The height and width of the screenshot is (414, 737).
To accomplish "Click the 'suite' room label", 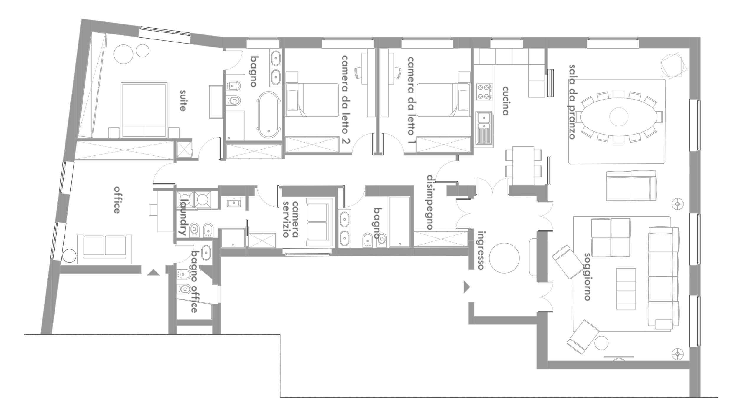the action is (183, 100).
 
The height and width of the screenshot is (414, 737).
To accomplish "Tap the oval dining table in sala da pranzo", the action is (619, 117).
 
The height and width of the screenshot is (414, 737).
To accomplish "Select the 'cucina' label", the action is (505, 101).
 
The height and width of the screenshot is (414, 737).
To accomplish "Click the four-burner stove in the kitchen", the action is (484, 92).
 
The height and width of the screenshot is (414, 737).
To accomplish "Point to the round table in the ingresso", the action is (504, 258).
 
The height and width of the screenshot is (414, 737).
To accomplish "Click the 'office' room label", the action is (117, 200).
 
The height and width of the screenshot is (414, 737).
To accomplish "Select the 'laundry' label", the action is (185, 217).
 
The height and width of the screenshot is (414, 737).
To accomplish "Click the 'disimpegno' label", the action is (430, 202).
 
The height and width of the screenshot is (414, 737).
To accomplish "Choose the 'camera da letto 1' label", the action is (411, 96).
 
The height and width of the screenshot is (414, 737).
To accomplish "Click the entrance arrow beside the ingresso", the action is (467, 287).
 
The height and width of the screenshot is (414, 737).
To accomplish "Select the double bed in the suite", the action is (144, 110).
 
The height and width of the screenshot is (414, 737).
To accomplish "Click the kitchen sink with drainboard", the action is (484, 129).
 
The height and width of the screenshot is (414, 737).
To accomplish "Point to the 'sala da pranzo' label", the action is (572, 102).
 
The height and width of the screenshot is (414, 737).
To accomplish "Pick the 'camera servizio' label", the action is (290, 219).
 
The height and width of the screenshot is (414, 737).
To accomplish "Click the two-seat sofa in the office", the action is (104, 246).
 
